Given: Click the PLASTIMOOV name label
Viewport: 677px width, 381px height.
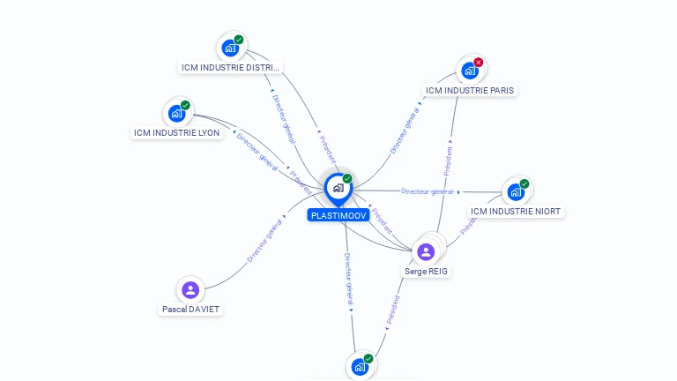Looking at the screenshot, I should (338, 215).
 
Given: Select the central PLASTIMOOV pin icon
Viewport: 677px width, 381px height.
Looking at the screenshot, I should (338, 188).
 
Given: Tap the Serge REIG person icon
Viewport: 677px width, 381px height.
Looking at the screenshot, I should (426, 252).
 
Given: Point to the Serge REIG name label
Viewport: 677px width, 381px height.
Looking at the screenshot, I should (427, 272).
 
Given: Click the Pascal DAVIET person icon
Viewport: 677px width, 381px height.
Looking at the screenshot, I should (190, 289).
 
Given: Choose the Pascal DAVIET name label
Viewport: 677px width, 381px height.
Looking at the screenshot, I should (190, 310).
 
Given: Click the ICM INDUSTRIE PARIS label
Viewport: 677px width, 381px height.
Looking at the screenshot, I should (469, 90).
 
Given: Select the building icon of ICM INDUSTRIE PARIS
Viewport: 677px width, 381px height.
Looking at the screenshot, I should (469, 71).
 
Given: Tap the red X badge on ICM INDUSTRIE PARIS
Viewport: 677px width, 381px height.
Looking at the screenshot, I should (479, 62).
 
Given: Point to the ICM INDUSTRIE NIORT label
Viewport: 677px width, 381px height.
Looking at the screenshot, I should (516, 212).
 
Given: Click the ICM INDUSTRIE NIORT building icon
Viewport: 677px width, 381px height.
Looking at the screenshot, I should (516, 191).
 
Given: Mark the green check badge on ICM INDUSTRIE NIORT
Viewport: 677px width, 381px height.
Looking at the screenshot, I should (524, 183).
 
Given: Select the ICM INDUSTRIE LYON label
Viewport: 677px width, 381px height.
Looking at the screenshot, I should (177, 133).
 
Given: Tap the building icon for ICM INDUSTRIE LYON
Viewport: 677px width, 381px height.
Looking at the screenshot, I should (176, 113).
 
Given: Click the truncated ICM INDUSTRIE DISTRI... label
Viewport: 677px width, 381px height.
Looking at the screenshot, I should (230, 67).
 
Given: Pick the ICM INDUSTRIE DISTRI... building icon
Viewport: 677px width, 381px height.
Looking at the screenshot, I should (230, 48).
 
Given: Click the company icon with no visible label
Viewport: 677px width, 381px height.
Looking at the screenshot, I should (359, 366).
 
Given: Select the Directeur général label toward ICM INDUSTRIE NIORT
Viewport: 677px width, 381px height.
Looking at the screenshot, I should (427, 191).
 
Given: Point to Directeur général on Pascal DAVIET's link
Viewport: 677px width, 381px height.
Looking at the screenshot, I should (264, 240).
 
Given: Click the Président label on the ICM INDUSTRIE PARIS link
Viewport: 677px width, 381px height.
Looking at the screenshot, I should (448, 159).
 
